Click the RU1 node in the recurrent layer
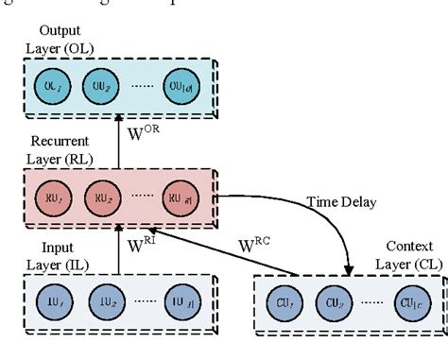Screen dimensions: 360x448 [52, 199]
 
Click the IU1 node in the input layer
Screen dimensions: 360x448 [52, 303]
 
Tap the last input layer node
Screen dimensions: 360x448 [182, 303]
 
